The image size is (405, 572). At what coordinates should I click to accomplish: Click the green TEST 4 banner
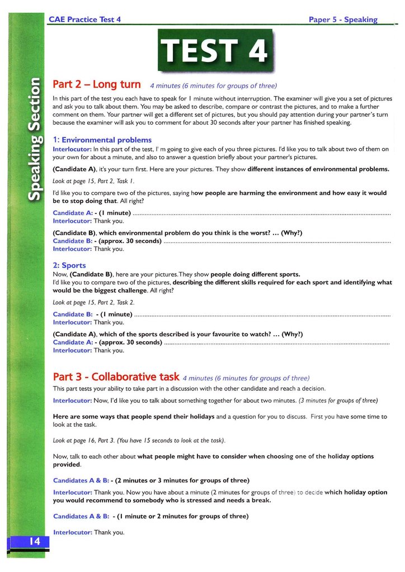coord(215,50)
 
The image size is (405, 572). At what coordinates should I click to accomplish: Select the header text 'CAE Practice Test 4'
coord(85,20)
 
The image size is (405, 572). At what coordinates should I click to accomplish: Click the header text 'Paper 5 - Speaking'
coord(343,20)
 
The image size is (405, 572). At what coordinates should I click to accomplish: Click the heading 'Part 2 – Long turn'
coord(96,85)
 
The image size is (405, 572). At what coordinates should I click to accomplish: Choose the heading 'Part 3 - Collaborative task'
coord(116,376)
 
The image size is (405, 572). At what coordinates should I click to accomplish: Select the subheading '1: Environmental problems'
coord(102,140)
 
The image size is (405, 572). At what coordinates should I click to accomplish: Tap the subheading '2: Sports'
coord(69,265)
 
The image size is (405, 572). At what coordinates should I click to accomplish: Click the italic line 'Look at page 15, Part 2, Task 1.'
coord(93,181)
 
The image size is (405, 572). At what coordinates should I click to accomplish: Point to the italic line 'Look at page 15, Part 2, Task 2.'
coord(93,302)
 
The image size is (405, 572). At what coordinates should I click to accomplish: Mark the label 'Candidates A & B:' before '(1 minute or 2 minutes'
coord(81,516)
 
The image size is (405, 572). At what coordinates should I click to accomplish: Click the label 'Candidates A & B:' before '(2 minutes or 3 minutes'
coord(81,480)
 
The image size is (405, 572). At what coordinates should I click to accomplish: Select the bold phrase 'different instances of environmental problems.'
coord(318,169)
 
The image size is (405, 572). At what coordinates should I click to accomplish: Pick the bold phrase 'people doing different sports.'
coord(255,274)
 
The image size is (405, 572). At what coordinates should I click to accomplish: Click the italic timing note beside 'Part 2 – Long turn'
coord(213,86)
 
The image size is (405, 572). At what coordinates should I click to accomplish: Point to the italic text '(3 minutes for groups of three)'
coord(338,401)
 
